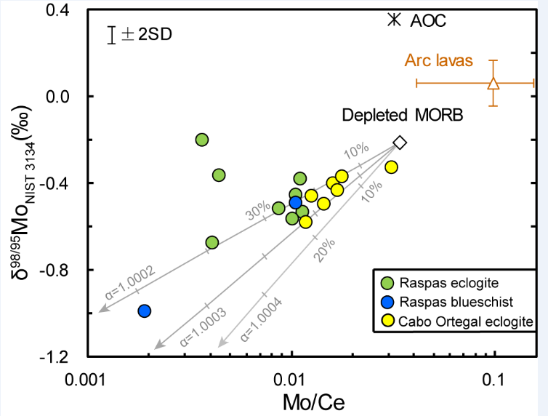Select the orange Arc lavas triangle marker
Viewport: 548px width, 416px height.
(493, 83)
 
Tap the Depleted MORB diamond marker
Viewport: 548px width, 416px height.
(399, 143)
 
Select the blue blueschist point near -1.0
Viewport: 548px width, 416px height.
(144, 311)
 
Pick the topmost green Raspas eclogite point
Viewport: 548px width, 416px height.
(202, 140)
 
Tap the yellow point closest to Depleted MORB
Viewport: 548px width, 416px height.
(391, 167)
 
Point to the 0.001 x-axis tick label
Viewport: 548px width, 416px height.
(86, 379)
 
